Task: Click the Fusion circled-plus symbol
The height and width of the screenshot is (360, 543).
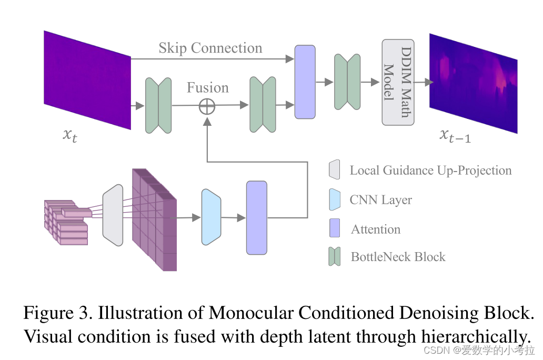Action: click(x=207, y=106)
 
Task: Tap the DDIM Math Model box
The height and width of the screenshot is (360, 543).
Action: click(x=398, y=82)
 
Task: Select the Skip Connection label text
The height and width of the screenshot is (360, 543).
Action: click(x=210, y=48)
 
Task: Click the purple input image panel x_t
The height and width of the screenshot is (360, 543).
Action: click(x=87, y=79)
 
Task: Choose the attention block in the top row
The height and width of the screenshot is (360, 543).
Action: click(x=305, y=82)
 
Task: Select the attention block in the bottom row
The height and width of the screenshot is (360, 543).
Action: click(x=257, y=217)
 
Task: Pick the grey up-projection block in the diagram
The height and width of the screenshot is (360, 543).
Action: click(x=113, y=215)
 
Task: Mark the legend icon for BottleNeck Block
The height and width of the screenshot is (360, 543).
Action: click(x=334, y=256)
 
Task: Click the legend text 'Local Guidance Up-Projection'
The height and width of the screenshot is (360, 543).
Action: click(x=430, y=171)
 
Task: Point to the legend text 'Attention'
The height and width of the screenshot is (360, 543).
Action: click(x=376, y=229)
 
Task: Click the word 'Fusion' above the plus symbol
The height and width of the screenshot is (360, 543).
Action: click(x=208, y=87)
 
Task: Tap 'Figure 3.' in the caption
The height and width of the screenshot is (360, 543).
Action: click(x=57, y=313)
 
